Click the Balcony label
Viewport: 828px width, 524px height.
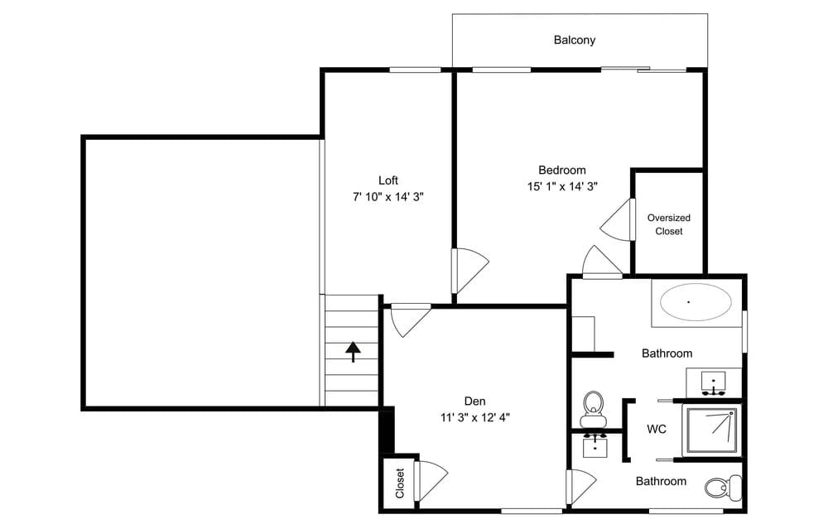575,40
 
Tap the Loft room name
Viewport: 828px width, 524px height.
388,180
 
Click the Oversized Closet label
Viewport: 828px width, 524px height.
669,224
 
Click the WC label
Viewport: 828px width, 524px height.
657,430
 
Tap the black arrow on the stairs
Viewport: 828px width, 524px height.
354,352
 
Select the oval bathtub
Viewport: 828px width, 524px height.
696,302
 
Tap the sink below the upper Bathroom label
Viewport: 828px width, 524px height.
714,382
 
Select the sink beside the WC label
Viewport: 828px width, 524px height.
595,445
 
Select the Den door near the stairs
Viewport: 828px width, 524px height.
410,320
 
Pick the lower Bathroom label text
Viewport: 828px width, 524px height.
661,481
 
